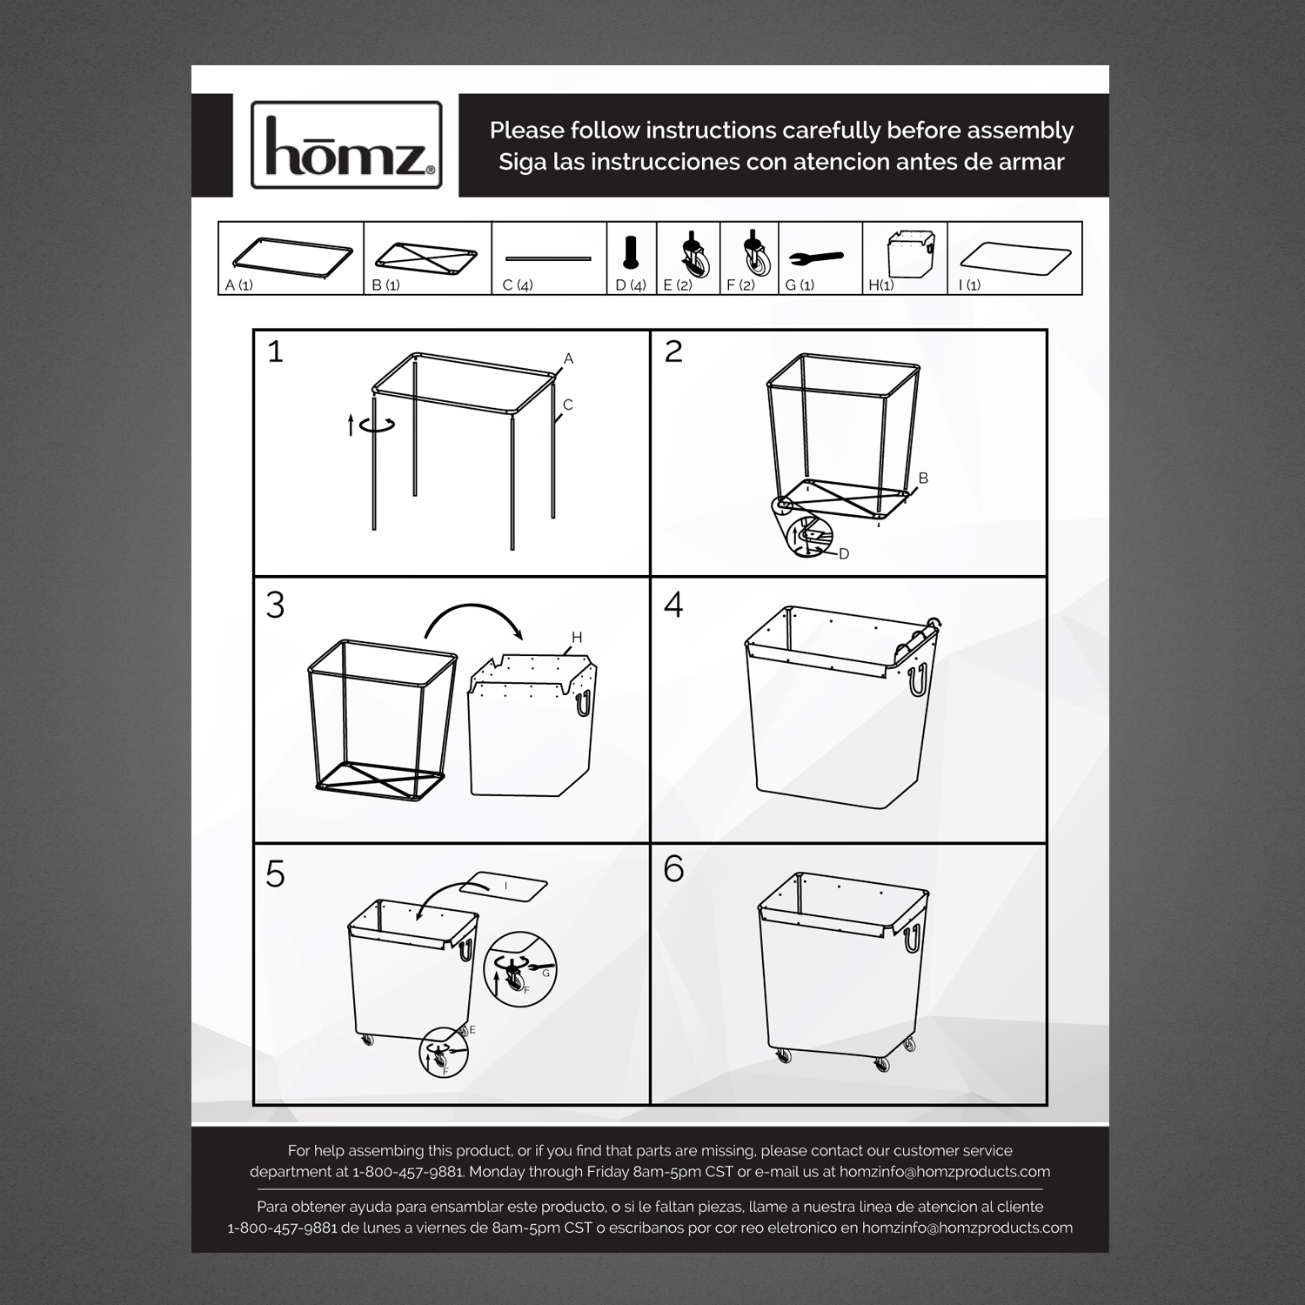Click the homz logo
click(x=346, y=145)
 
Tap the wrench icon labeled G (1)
click(x=815, y=258)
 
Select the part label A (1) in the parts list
click(x=239, y=285)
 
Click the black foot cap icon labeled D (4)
click(x=631, y=252)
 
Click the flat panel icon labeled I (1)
click(x=1014, y=258)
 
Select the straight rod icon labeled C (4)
click(x=548, y=258)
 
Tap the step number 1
click(x=275, y=351)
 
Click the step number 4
click(x=673, y=605)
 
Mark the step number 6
click(x=673, y=868)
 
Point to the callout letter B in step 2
click(x=923, y=478)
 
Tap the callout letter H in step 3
click(x=576, y=638)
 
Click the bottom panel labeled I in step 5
click(x=504, y=886)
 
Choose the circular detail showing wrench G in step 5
click(x=519, y=967)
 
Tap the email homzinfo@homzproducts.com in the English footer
click(x=945, y=1172)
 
